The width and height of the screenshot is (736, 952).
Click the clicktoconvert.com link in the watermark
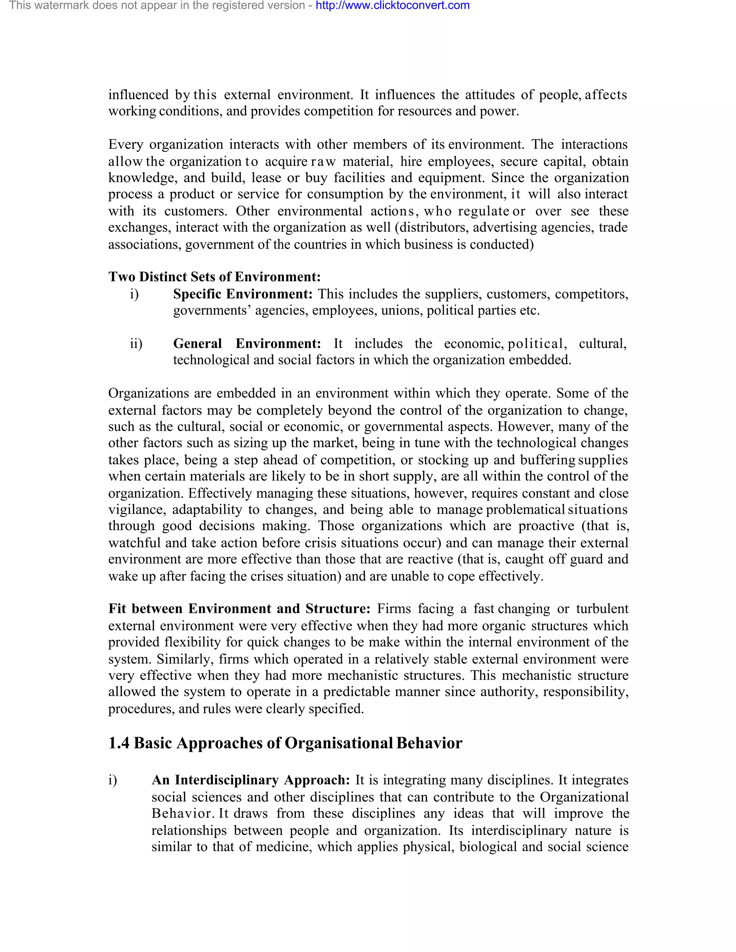[x=392, y=6]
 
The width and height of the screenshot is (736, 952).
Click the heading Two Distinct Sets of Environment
[x=214, y=277]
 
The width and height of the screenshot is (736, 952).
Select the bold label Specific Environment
[x=243, y=294]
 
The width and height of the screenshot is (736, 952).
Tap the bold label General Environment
[x=247, y=343]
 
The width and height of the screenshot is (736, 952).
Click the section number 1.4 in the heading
[x=119, y=743]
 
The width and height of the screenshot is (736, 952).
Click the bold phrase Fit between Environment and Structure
[x=239, y=609]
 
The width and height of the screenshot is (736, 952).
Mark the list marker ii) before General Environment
[x=136, y=343]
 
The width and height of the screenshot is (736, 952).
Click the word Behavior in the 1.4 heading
[x=429, y=743]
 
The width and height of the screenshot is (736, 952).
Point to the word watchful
[x=134, y=543]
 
